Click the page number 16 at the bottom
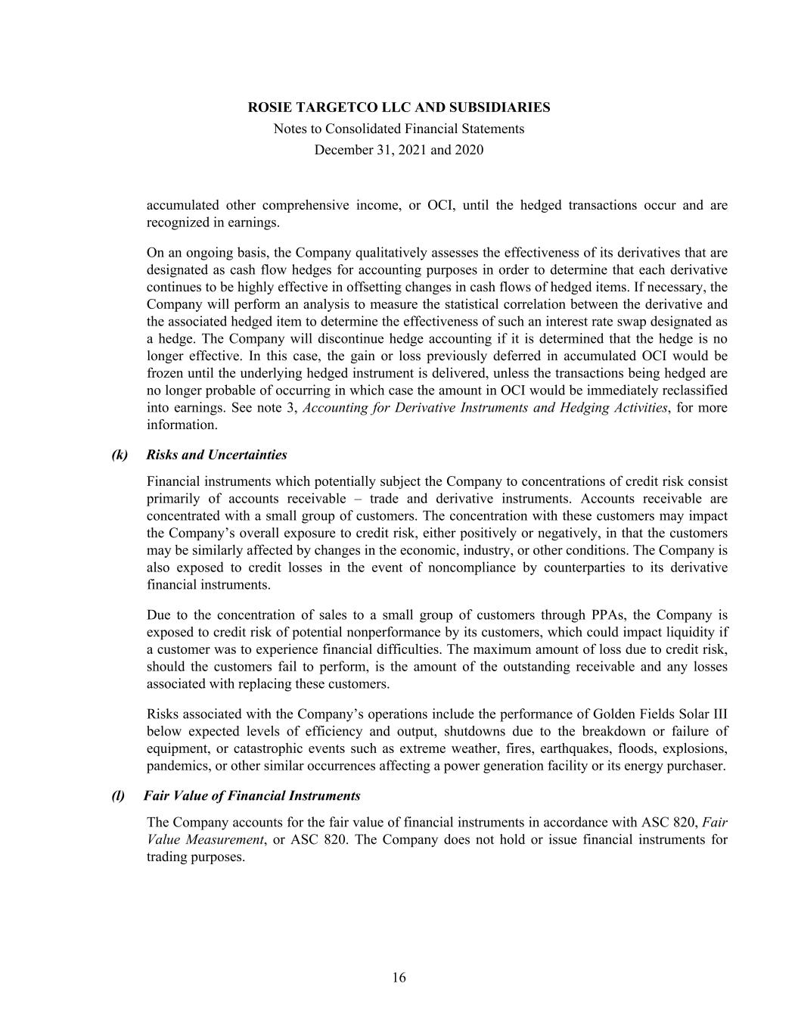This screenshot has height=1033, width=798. click(399, 978)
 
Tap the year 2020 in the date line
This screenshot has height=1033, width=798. click(468, 150)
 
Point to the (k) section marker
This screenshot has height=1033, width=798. click(120, 455)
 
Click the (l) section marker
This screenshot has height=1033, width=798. click(119, 795)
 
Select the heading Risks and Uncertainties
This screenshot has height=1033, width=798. click(217, 455)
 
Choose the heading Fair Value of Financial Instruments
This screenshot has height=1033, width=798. click(253, 795)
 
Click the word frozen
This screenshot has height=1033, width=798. click(163, 373)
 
